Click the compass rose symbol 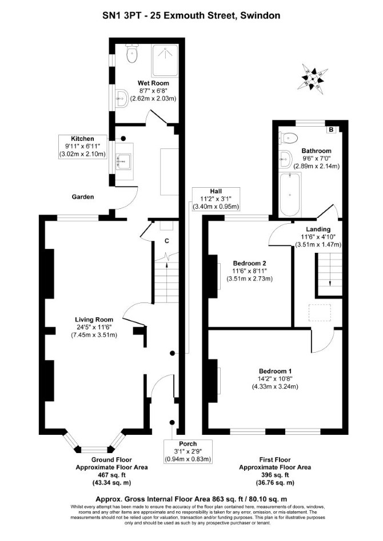pyautogui.click(x=312, y=78)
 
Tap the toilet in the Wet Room pyautogui.click(x=132, y=54)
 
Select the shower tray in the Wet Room pyautogui.click(x=165, y=60)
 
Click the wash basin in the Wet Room pyautogui.click(x=122, y=99)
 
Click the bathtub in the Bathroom pyautogui.click(x=290, y=195)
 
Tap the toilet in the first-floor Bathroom pyautogui.click(x=288, y=139)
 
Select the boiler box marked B pyautogui.click(x=332, y=130)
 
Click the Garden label pyautogui.click(x=83, y=197)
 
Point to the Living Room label pyautogui.click(x=94, y=320)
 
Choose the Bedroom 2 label pyautogui.click(x=249, y=263)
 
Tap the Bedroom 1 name pyautogui.click(x=275, y=372)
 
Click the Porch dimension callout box pyautogui.click(x=187, y=451)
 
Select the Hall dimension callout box pyautogui.click(x=216, y=199)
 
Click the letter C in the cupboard pyautogui.click(x=166, y=241)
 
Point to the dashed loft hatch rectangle pyautogui.click(x=320, y=313)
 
